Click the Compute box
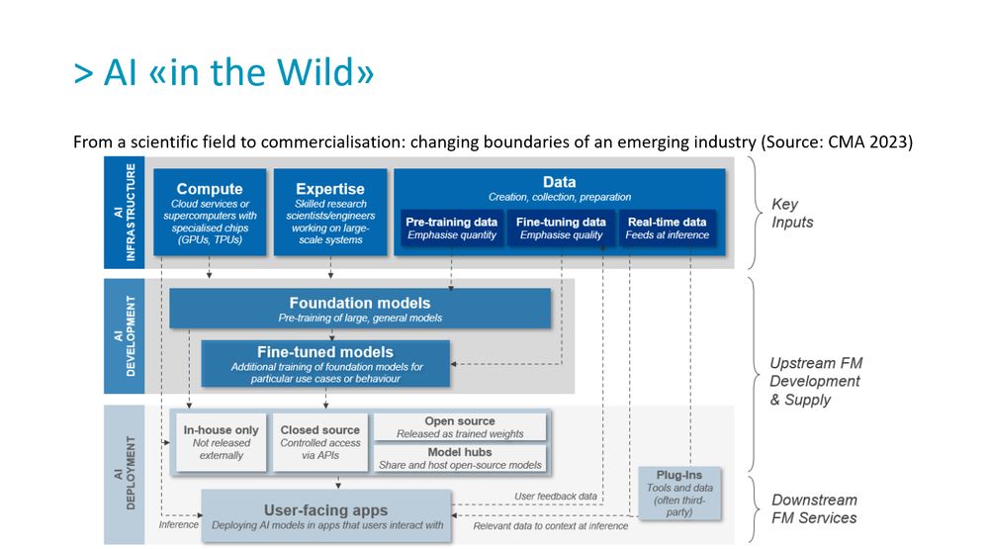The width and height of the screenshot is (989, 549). (210, 212)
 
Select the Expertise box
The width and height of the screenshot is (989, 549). (329, 212)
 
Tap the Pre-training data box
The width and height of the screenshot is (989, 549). (451, 229)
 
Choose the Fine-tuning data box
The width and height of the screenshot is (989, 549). (561, 229)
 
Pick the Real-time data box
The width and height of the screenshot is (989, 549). (667, 229)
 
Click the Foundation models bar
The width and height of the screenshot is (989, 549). (360, 309)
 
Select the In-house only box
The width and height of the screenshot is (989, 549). (221, 442)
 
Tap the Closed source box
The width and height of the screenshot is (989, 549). (319, 442)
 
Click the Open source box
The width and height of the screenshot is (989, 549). (459, 427)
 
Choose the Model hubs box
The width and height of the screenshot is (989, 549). (459, 458)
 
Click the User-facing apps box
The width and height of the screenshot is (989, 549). (326, 516)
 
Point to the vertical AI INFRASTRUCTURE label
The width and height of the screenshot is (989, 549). (124, 213)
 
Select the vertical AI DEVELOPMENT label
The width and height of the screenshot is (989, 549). (124, 336)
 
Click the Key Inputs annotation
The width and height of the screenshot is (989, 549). (792, 213)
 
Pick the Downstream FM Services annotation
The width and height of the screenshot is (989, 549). (814, 508)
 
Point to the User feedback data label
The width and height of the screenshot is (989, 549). (555, 496)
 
